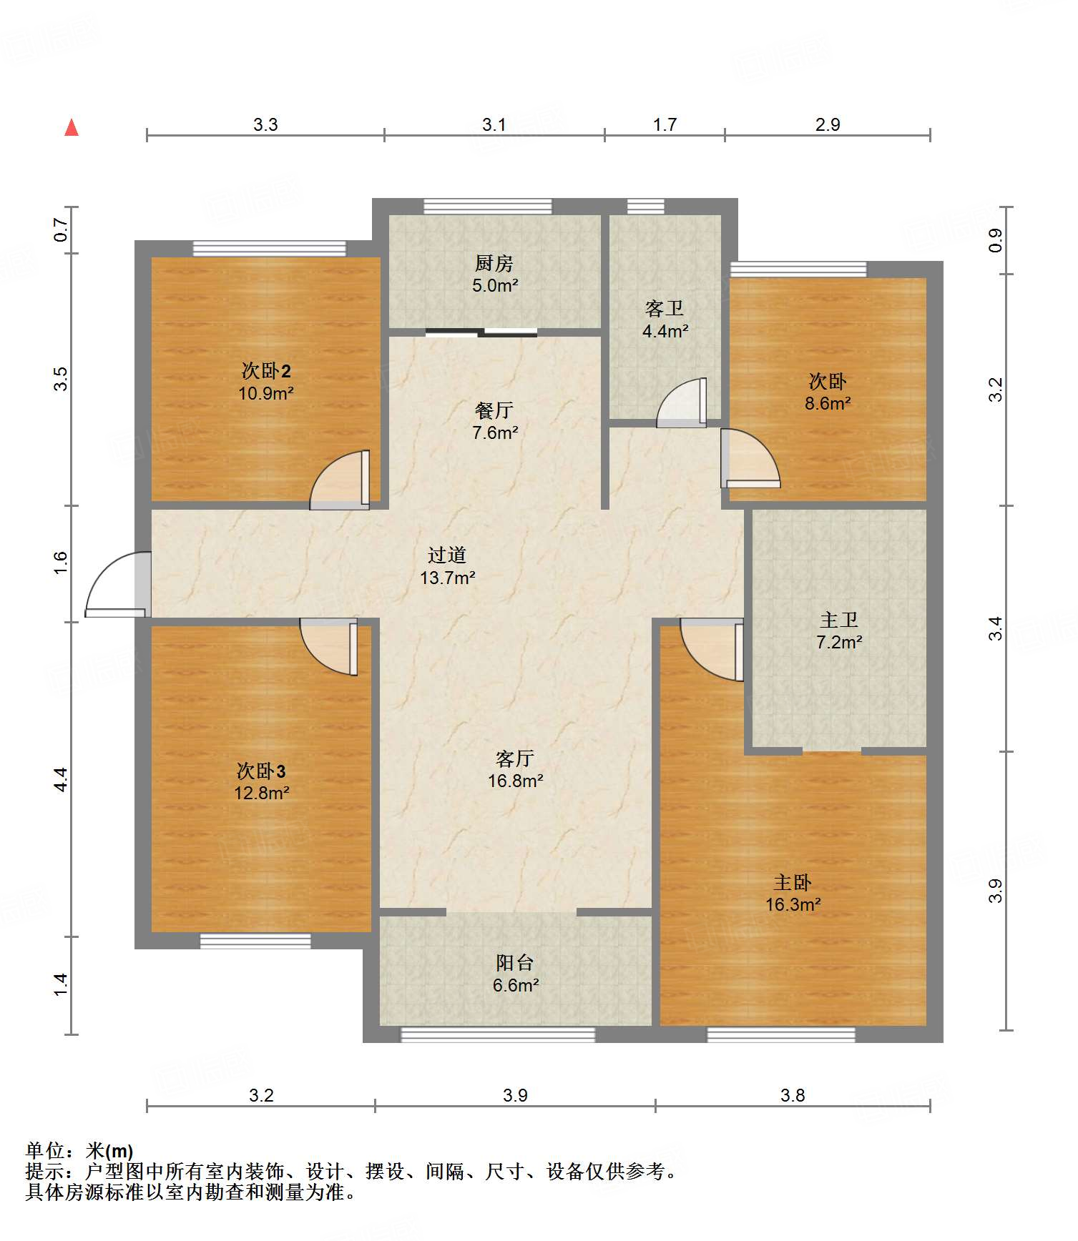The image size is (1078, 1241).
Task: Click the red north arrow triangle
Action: click(72, 127)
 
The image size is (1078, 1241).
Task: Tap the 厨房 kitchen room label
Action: click(494, 263)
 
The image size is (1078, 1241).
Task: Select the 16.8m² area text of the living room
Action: click(516, 781)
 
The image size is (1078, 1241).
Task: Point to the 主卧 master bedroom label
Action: click(793, 882)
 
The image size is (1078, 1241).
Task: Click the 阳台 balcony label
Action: click(515, 962)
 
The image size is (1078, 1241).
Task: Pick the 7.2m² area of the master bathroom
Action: click(839, 642)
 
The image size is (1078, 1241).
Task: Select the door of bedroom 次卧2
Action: click(340, 480)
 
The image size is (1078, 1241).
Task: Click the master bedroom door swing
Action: click(712, 649)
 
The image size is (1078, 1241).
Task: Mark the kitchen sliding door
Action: click(481, 332)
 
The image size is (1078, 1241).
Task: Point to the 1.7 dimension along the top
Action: click(665, 124)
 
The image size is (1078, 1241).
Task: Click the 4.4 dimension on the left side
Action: click(61, 779)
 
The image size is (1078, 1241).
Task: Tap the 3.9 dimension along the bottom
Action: click(515, 1095)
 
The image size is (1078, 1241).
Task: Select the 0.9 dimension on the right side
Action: click(996, 240)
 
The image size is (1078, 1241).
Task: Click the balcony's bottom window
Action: click(498, 1034)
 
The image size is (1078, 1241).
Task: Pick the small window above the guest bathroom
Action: click(646, 206)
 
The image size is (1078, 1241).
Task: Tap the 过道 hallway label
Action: click(447, 555)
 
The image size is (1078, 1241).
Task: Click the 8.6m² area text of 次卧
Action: click(828, 403)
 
